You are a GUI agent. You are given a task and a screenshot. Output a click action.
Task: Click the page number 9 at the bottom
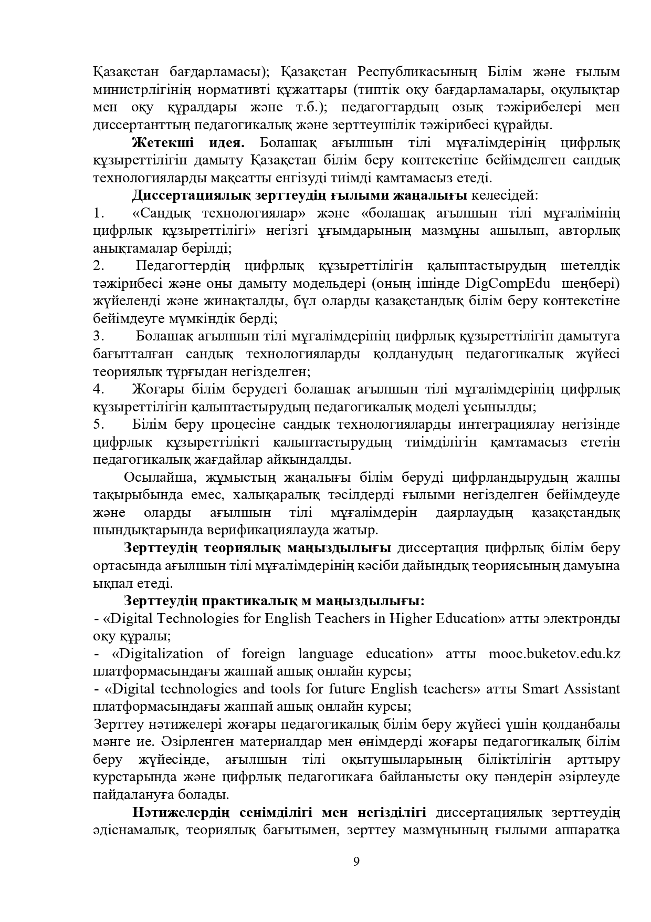(356, 862)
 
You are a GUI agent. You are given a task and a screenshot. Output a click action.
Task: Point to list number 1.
(97, 213)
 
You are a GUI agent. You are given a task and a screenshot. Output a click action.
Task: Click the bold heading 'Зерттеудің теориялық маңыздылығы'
(257, 548)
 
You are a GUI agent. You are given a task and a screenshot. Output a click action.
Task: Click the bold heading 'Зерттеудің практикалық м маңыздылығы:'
(274, 600)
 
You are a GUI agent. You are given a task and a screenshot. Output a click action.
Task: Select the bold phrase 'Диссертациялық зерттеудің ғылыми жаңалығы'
(300, 196)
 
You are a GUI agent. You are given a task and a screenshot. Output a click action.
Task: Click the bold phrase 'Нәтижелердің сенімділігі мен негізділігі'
(279, 828)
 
